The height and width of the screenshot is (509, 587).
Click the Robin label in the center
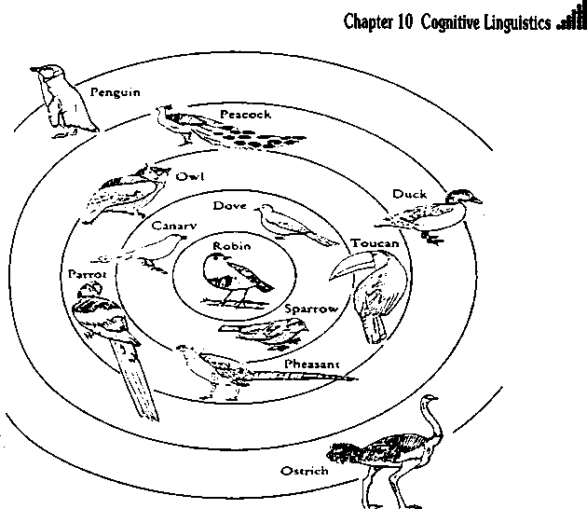228,246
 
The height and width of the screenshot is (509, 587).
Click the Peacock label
245,115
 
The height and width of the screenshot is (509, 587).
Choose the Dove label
228,205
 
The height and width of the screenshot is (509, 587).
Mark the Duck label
409,194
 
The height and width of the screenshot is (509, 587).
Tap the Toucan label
375,242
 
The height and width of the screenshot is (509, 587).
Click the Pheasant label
313,363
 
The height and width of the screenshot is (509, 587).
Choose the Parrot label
88,275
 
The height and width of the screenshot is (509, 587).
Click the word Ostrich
305,471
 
